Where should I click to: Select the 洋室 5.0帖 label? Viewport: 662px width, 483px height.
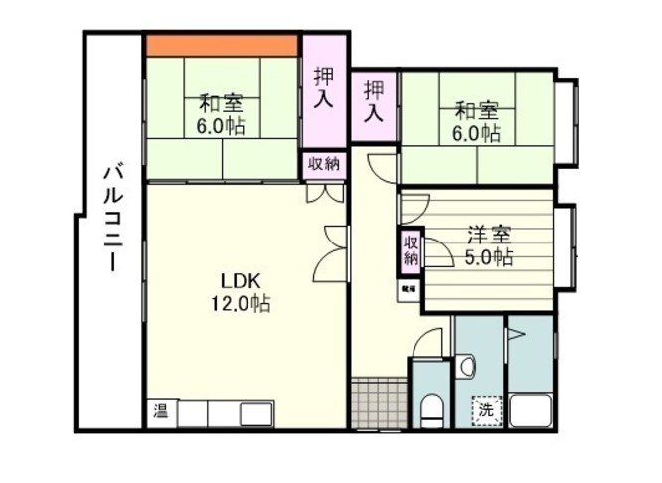488,246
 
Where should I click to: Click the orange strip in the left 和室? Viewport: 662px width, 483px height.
222,45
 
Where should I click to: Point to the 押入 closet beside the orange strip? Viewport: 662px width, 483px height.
324,88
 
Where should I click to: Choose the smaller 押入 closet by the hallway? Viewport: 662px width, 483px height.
374,102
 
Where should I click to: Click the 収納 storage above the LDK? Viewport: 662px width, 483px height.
324,164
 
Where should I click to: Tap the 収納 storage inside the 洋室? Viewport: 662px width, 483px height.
412,249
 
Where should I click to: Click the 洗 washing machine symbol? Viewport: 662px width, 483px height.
486,408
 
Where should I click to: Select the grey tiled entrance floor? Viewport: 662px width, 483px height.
379,402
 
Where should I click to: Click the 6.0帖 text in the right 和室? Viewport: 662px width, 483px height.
476,132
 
